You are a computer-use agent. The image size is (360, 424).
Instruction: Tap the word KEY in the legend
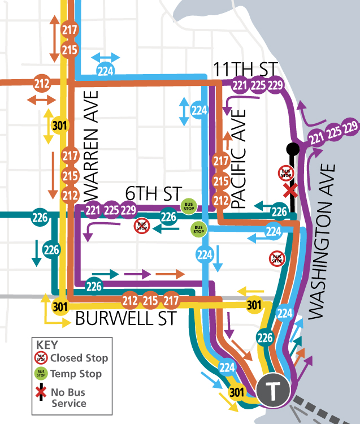point(47,344)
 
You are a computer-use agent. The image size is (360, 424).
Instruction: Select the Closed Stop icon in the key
point(41,358)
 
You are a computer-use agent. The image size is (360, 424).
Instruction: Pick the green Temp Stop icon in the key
point(41,374)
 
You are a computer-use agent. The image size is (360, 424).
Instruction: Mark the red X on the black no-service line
point(290,191)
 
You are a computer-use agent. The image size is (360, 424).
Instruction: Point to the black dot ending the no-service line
point(292,149)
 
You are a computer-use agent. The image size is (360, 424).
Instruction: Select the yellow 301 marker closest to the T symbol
point(237,392)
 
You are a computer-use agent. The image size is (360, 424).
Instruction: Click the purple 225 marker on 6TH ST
point(111,211)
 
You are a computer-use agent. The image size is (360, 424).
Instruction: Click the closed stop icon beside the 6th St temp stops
point(141,227)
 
